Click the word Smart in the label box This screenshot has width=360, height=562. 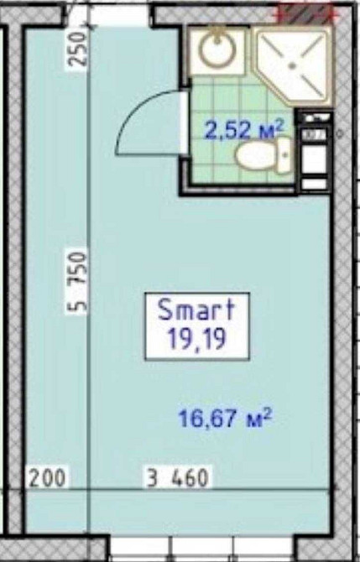196,310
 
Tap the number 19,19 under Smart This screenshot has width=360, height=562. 197,338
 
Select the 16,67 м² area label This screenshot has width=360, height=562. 225,418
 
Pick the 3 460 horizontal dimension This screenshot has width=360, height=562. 178,478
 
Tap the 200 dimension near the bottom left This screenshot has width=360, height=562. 48,478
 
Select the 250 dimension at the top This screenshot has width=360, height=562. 78,49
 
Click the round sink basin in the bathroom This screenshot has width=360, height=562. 217,49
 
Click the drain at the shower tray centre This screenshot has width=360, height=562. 293,65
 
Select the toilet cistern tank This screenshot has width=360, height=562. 284,155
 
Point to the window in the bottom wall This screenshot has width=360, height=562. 201,549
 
